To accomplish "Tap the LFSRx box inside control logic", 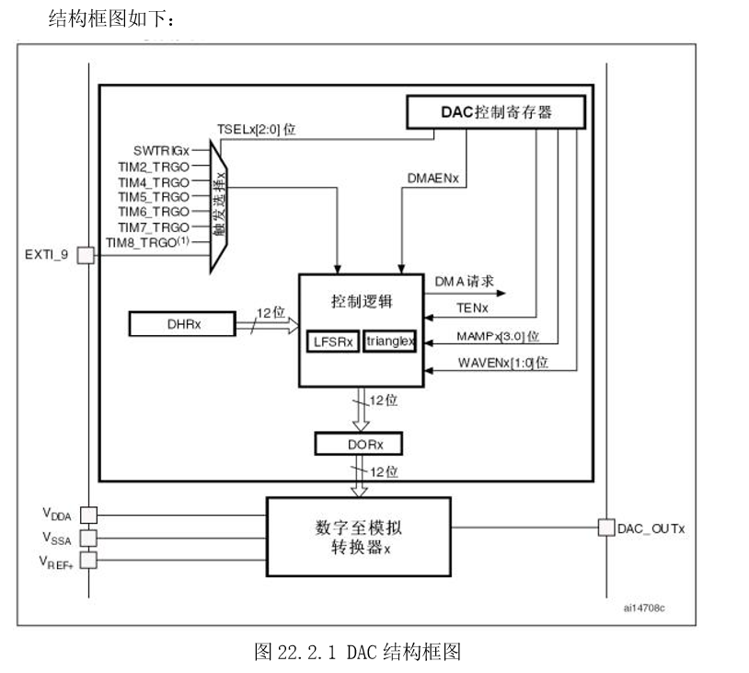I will (332, 342).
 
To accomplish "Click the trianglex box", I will (390, 342).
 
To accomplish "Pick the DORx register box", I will (362, 443).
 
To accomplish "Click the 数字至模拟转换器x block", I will (358, 538).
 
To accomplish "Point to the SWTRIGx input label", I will (160, 150).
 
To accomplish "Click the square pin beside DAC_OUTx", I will (605, 528).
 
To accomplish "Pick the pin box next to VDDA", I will (89, 515).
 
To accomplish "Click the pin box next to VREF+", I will (89, 560).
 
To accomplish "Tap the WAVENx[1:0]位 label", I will (502, 363).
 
